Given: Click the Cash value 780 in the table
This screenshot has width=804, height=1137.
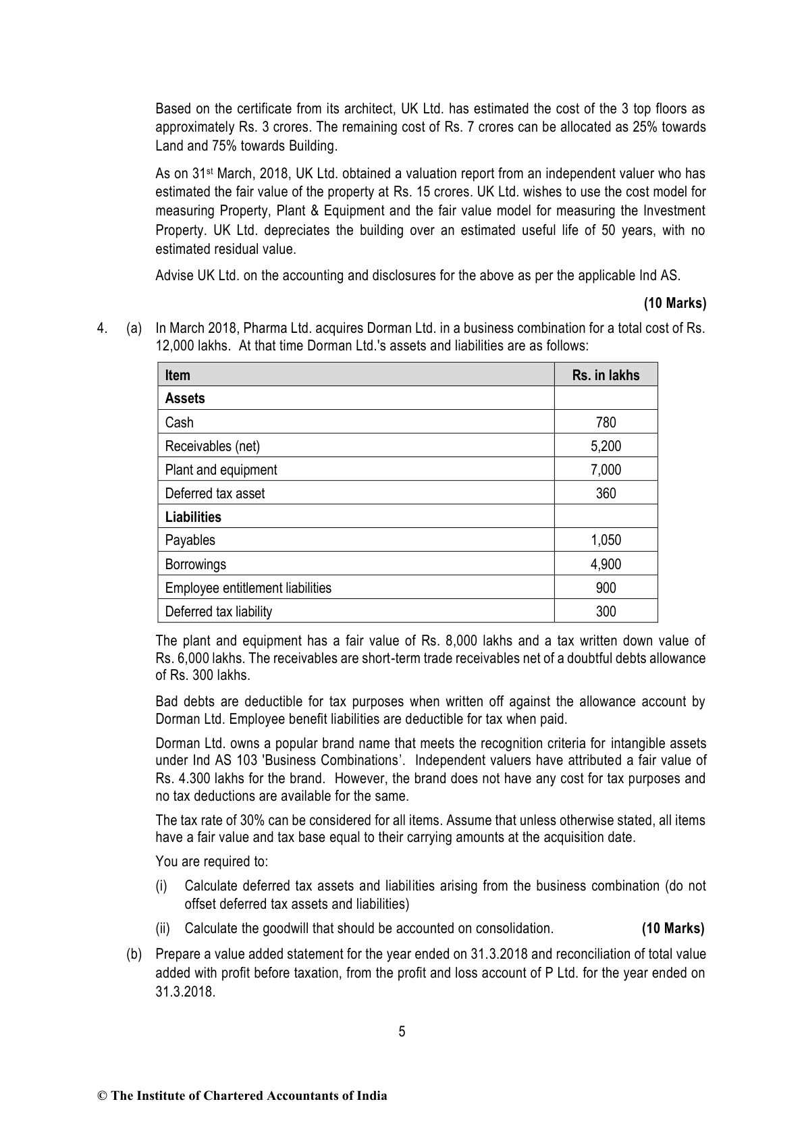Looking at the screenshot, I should [x=606, y=423].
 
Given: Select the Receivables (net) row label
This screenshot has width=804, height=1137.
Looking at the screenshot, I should [x=212, y=446].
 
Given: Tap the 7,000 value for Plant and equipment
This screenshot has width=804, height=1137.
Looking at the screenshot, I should [x=606, y=470].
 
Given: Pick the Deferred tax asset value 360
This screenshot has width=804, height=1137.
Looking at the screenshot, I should [x=606, y=494].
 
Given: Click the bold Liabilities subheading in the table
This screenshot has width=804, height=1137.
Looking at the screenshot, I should [x=192, y=517].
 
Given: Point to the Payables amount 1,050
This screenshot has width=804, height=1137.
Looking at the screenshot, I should [x=606, y=541].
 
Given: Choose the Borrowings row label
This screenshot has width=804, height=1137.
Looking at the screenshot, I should [x=195, y=564].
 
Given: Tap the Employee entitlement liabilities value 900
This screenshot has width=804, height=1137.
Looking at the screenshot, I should [x=606, y=588].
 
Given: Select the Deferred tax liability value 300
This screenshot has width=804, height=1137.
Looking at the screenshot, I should [x=606, y=612].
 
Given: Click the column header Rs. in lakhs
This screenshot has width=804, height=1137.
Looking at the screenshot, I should [x=606, y=375].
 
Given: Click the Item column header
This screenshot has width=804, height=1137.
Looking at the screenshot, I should [x=178, y=375].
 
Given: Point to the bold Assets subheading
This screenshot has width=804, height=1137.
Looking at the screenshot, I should [x=184, y=398].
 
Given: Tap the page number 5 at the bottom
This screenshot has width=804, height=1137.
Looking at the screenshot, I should [x=402, y=1032].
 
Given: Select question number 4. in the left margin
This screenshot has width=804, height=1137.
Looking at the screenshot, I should [x=102, y=329].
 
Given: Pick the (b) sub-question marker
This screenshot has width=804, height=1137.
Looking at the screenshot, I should [x=134, y=955].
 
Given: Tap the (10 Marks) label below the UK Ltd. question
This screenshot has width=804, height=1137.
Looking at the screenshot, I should [x=674, y=303].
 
